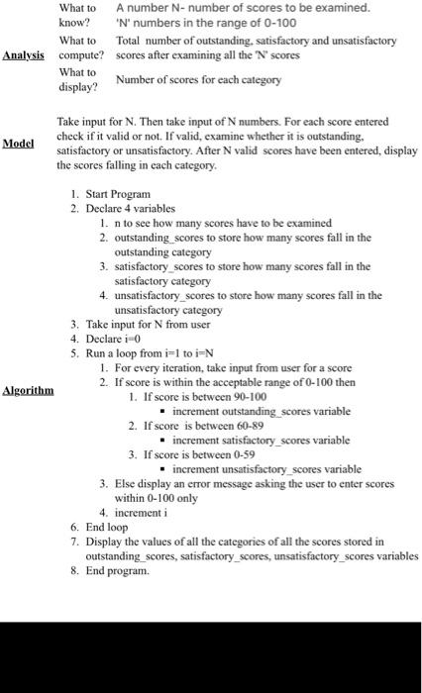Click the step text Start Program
point(118,195)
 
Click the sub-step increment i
point(144,514)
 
